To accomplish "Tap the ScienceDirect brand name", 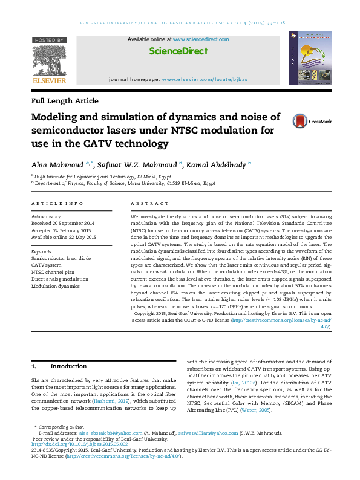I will tap(178, 51).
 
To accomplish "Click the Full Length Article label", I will tap(65, 101).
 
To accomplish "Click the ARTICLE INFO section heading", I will tap(57, 204).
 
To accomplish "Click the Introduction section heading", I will tap(68, 366).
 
